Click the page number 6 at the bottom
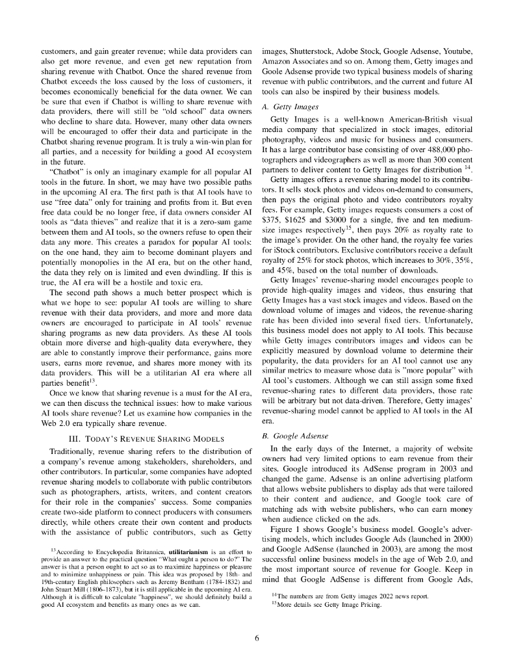click(x=257, y=638)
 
